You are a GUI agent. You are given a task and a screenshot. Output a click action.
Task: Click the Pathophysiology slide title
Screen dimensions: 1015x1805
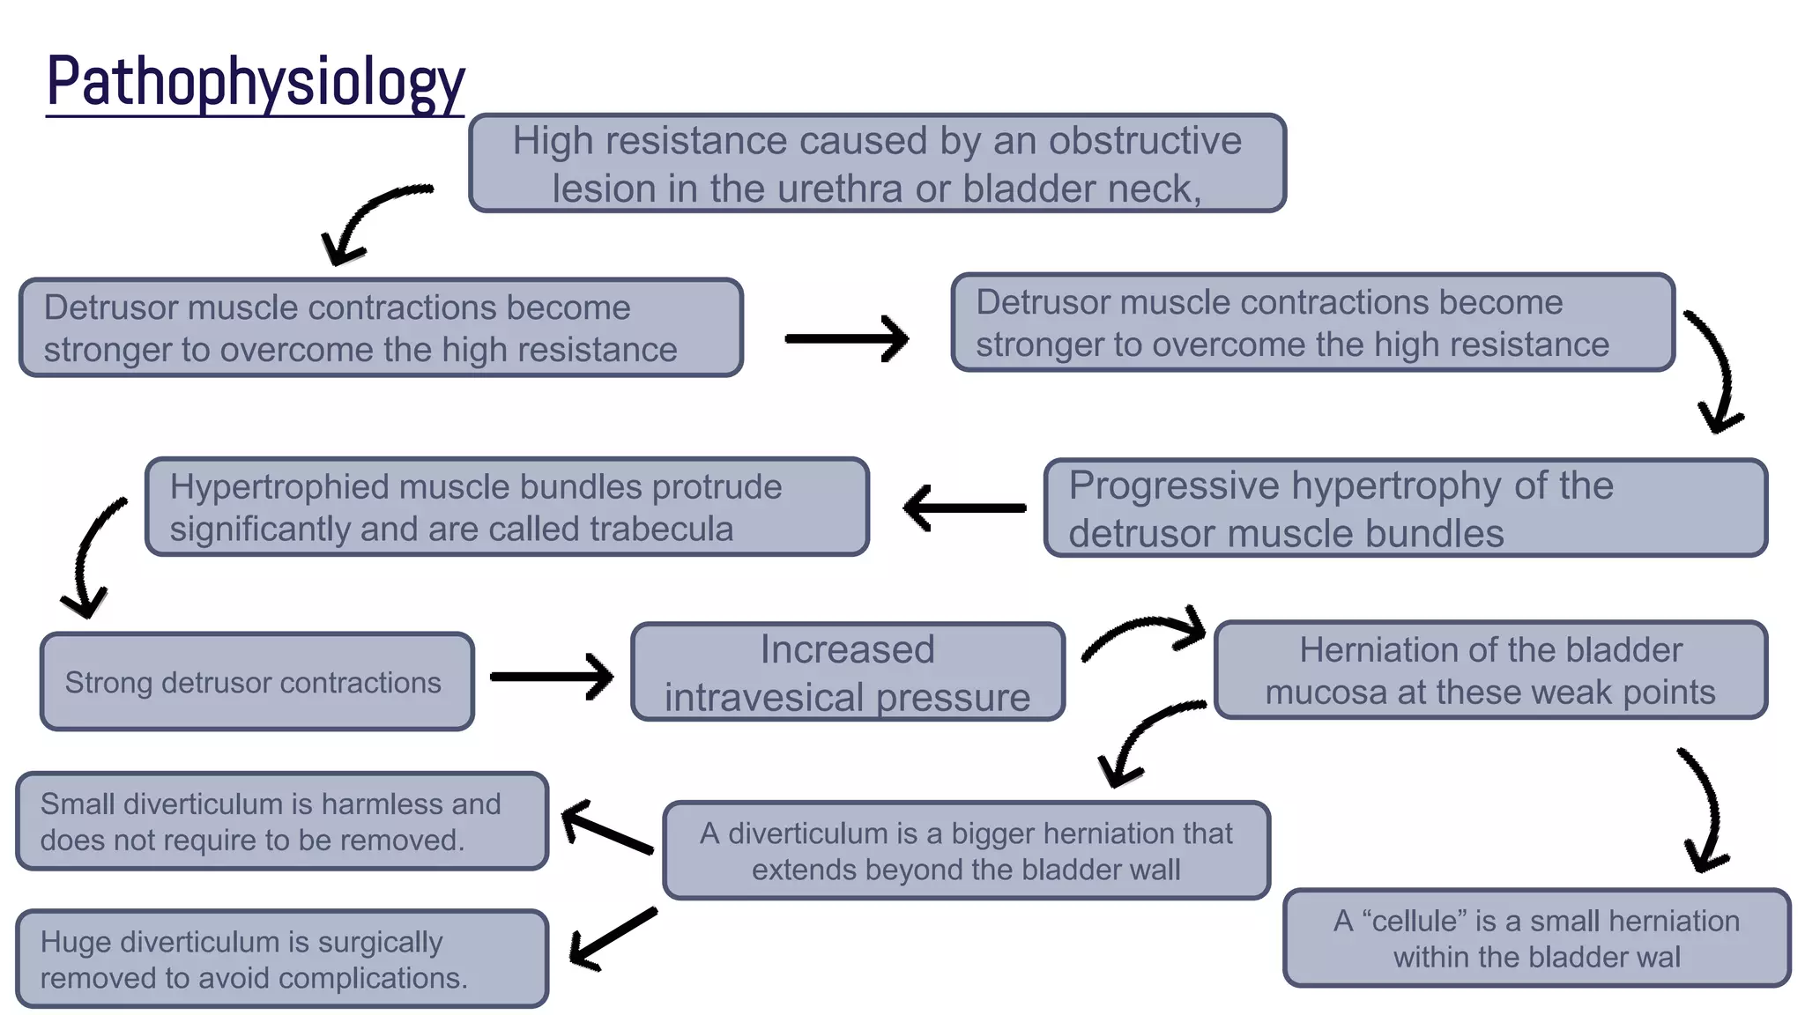pyautogui.click(x=256, y=82)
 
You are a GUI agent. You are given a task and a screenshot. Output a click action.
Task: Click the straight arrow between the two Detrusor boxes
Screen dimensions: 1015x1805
pyautogui.click(x=846, y=339)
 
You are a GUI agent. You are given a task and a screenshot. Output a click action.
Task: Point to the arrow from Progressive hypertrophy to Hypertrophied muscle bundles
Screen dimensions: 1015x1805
pyautogui.click(x=964, y=507)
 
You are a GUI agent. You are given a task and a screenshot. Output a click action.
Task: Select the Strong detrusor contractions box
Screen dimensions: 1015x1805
pyautogui.click(x=256, y=681)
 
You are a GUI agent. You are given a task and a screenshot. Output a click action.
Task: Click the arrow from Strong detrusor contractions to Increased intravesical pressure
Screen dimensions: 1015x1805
pyautogui.click(x=552, y=676)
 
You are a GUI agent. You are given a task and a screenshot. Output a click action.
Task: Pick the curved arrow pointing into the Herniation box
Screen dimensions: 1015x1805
pyautogui.click(x=1143, y=630)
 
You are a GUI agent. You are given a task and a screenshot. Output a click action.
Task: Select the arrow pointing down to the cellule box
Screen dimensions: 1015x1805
pyautogui.click(x=1706, y=811)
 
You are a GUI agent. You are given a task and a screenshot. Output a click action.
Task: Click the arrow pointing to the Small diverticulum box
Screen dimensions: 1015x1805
pyautogui.click(x=606, y=826)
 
